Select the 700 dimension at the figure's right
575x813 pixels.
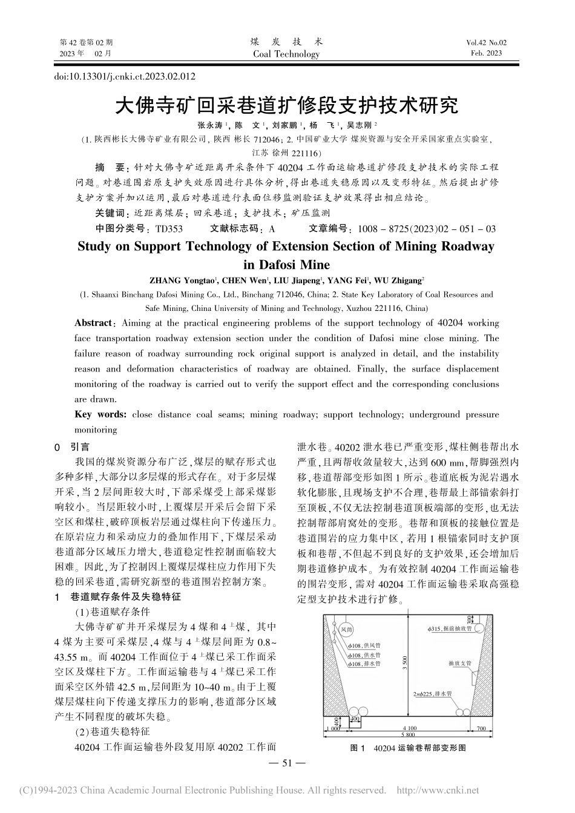(481, 728)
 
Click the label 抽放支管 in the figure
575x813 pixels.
(459, 663)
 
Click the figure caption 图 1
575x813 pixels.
(358, 748)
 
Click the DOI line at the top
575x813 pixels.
(125, 77)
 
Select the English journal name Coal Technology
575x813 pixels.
(287, 54)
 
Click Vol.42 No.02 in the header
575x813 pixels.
(486, 42)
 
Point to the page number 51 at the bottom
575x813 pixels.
(287, 763)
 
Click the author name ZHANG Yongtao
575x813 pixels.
(181, 280)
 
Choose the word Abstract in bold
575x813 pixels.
(93, 323)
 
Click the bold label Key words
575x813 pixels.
(100, 414)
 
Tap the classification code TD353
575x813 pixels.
(169, 229)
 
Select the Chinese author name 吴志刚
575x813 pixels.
(361, 125)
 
